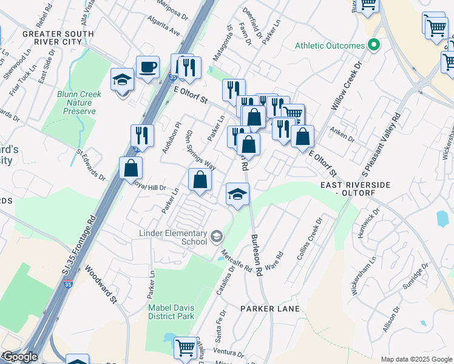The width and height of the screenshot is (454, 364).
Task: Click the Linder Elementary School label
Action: pos(173,237)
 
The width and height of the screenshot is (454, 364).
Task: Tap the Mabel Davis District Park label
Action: pos(171,312)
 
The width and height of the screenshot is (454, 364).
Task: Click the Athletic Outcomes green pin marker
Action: pos(374,45)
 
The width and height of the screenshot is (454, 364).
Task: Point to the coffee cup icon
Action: pos(147,67)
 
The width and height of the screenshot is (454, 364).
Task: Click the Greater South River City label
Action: pos(58,38)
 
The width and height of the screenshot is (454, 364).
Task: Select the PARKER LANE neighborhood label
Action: pos(270,309)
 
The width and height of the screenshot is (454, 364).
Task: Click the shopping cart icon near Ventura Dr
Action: pos(186,348)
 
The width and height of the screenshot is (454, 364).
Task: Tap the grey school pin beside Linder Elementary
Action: pos(216,235)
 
